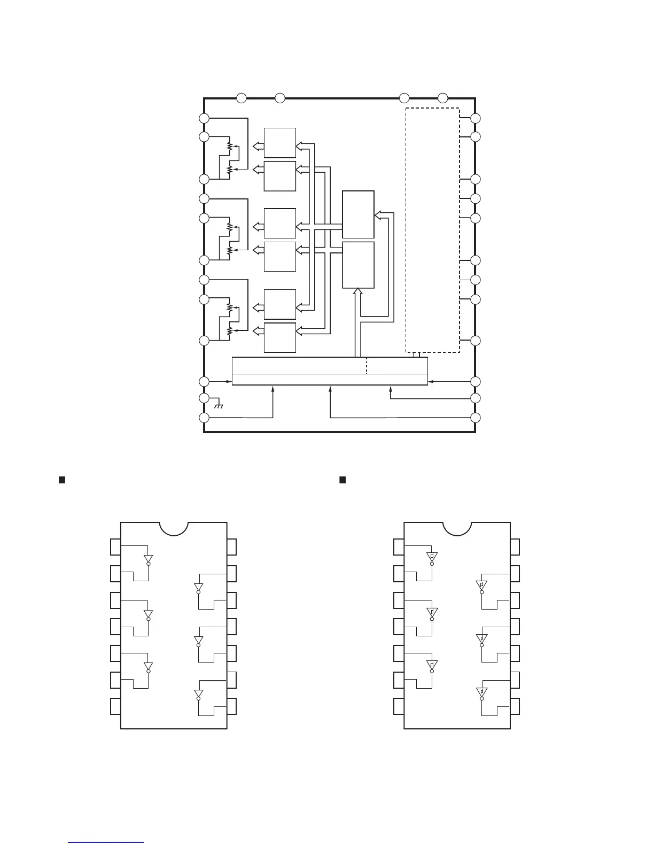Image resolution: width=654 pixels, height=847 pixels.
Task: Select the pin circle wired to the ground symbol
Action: (x=204, y=398)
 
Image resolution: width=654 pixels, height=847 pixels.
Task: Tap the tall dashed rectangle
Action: (x=432, y=230)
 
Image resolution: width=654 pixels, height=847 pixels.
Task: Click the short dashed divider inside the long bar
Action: (x=367, y=366)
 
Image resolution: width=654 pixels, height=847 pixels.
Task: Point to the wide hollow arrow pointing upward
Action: (x=358, y=321)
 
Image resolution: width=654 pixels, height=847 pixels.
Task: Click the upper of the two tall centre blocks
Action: (x=358, y=214)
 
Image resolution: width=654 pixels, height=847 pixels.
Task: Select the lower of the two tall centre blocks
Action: (x=358, y=265)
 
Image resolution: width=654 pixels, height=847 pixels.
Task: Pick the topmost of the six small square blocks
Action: (x=280, y=143)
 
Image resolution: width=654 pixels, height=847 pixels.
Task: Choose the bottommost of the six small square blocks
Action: (x=280, y=337)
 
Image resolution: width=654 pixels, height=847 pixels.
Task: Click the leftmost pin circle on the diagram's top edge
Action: (x=242, y=98)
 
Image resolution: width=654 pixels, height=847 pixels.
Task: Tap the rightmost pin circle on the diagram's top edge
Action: (x=442, y=98)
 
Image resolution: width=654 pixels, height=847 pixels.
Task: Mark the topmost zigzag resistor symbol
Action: (x=230, y=145)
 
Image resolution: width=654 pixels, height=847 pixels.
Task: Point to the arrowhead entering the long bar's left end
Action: (x=229, y=381)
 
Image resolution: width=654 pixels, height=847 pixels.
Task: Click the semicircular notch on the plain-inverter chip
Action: (x=174, y=528)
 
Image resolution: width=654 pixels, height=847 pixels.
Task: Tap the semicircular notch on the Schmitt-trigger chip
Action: (x=457, y=528)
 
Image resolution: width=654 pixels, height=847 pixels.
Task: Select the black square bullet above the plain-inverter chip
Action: (x=61, y=479)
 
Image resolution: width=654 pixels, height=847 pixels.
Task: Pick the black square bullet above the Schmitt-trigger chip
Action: (x=343, y=479)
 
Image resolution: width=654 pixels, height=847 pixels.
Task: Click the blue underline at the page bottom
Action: (x=106, y=843)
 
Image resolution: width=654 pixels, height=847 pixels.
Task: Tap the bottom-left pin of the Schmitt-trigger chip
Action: (x=399, y=706)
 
